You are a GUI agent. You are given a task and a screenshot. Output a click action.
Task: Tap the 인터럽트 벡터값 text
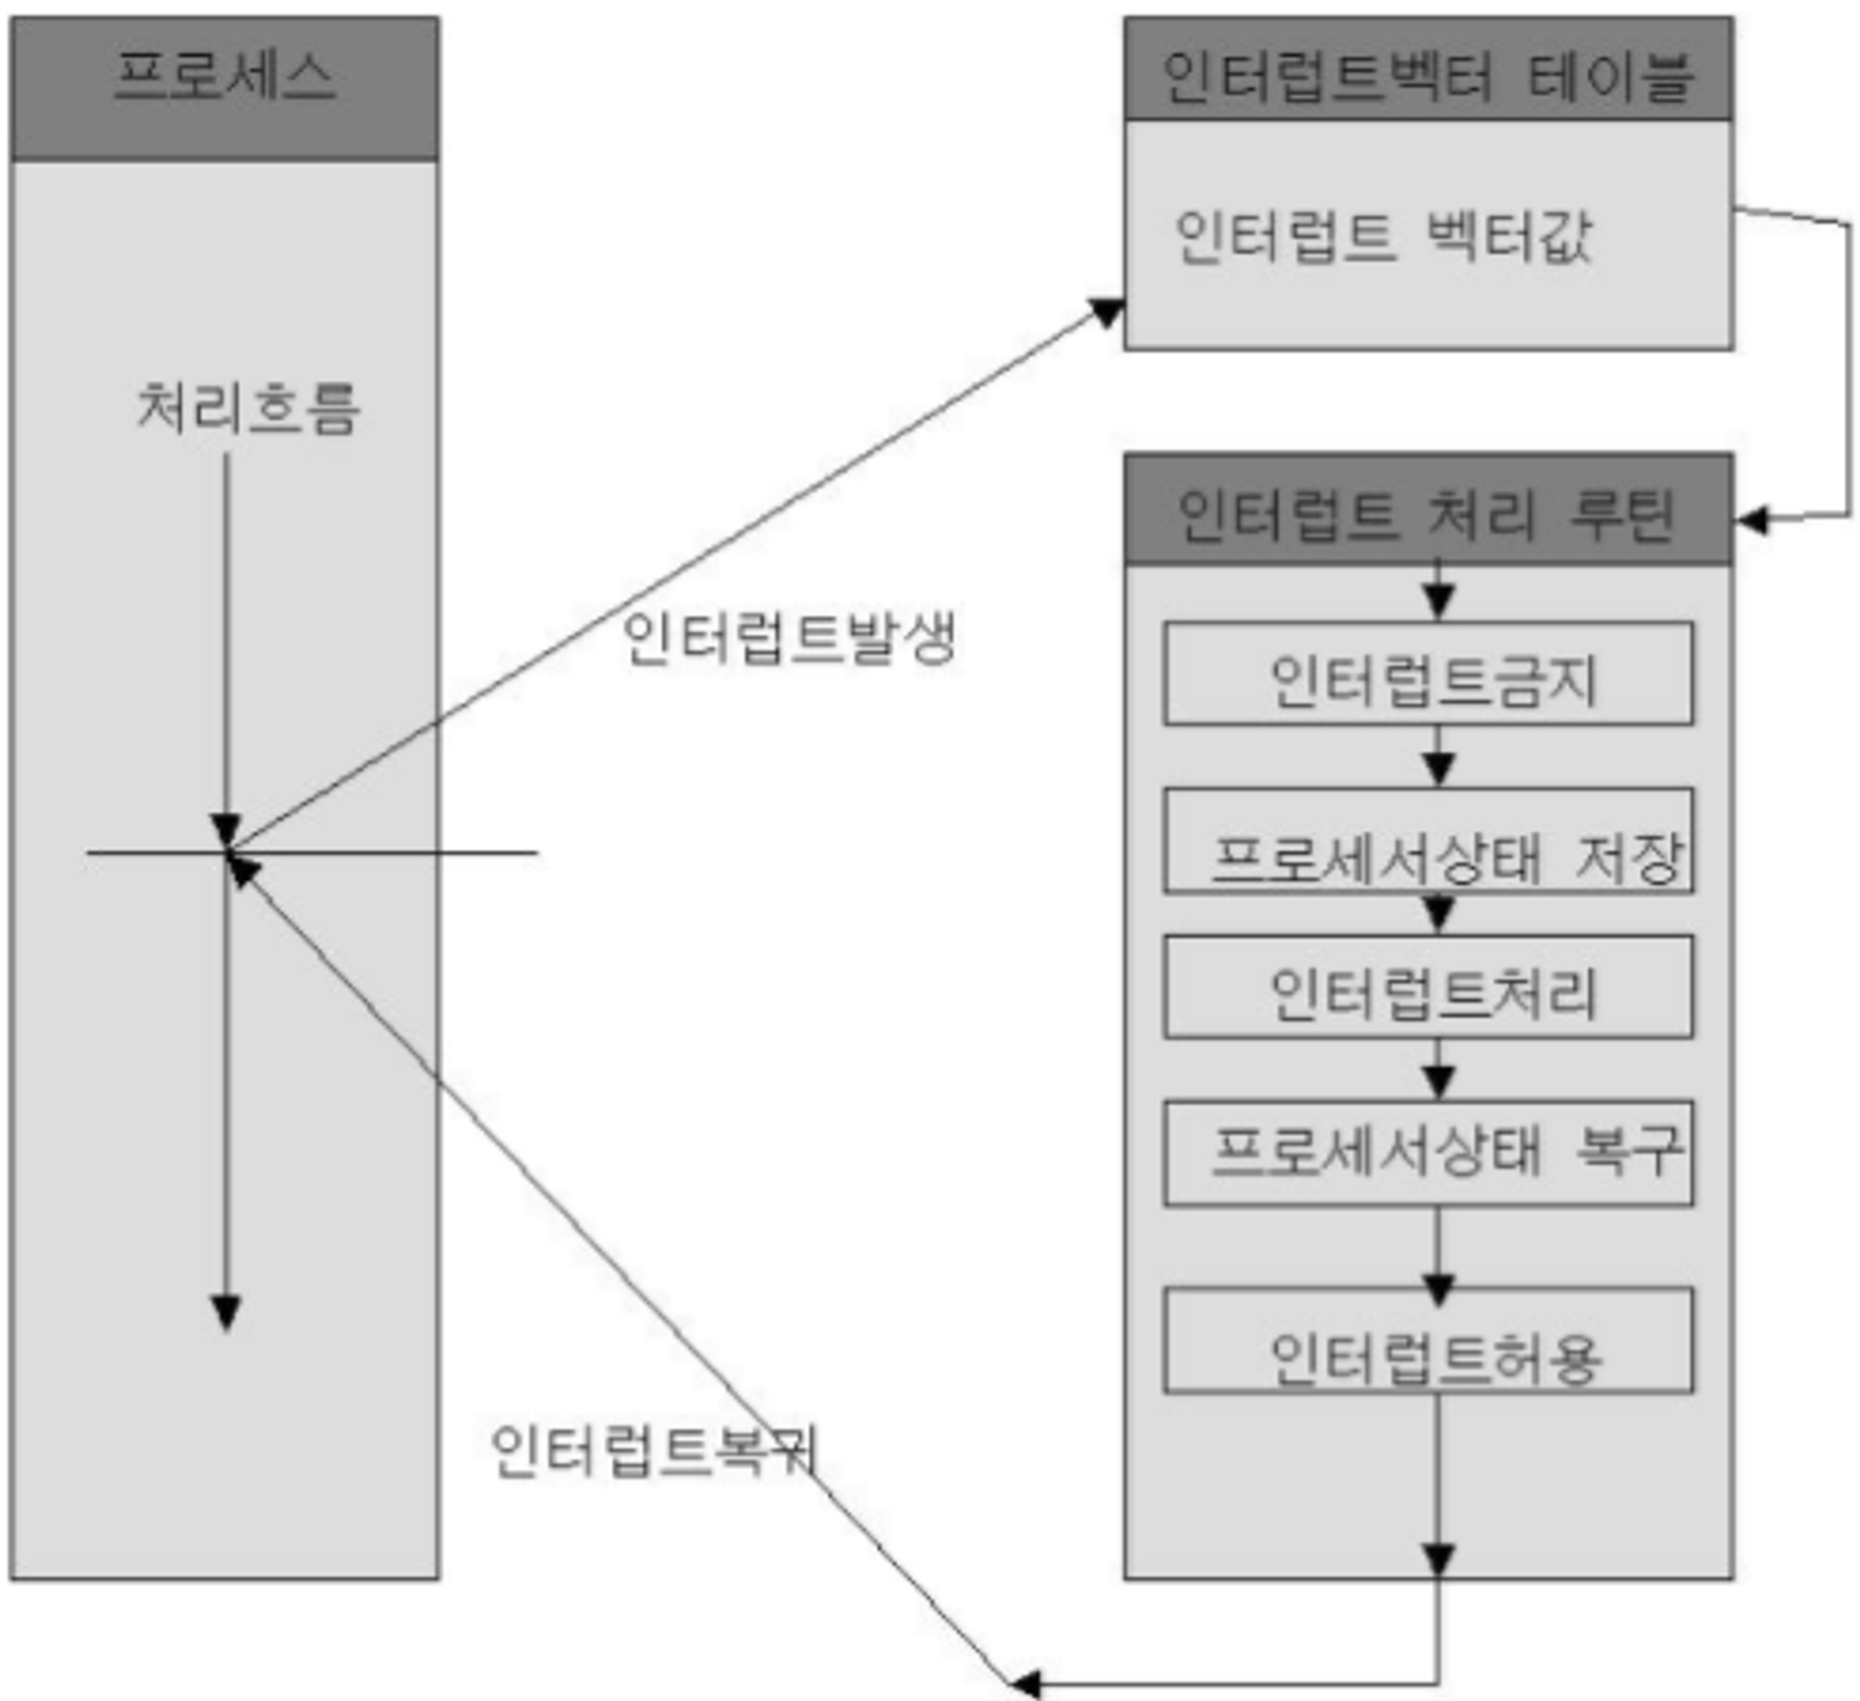pyautogui.click(x=1383, y=237)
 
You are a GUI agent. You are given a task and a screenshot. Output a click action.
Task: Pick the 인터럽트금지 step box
pyautogui.click(x=1428, y=674)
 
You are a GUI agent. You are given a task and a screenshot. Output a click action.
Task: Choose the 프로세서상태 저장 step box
pyautogui.click(x=1428, y=842)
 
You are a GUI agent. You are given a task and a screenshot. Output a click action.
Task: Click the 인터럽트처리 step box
pyautogui.click(x=1428, y=988)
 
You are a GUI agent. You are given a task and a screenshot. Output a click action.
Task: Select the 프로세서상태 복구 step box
pyautogui.click(x=1428, y=1153)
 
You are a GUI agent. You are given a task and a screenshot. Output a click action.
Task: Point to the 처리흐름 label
pyautogui.click(x=247, y=408)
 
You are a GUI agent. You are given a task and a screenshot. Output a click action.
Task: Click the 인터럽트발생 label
pyautogui.click(x=789, y=638)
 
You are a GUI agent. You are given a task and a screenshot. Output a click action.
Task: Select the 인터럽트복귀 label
pyautogui.click(x=654, y=1451)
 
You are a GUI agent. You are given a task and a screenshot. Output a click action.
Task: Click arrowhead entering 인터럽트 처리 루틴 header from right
pyautogui.click(x=1751, y=521)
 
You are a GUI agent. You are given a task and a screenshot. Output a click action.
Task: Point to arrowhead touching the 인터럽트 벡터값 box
pyautogui.click(x=1107, y=312)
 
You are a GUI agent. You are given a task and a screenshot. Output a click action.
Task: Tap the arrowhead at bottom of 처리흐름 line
pyautogui.click(x=226, y=1311)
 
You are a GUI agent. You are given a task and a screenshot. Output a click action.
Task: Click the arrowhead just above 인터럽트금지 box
pyautogui.click(x=1438, y=601)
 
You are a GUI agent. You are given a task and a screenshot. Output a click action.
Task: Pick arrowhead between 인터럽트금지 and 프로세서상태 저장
pyautogui.click(x=1438, y=767)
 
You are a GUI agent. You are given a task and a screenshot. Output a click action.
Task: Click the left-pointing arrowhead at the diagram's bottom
pyautogui.click(x=1025, y=1682)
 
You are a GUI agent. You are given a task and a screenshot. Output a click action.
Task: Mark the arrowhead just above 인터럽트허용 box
pyautogui.click(x=1438, y=1289)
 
